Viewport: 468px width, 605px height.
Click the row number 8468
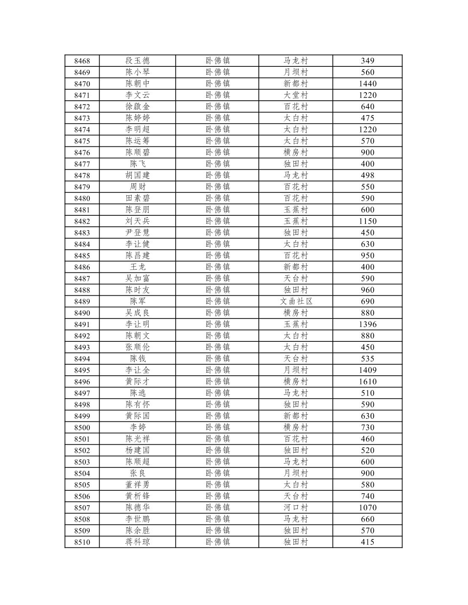coord(82,61)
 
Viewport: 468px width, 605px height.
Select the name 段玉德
coord(138,61)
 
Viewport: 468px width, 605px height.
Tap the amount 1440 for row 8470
coord(367,84)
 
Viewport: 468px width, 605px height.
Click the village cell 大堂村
coord(296,95)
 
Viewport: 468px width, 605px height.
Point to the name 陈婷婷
coord(138,118)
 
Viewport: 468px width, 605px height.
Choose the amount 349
coord(367,61)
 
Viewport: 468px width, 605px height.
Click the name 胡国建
coord(138,175)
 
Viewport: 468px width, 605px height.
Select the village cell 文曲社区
coord(296,301)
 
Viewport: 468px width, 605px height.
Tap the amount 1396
coord(367,324)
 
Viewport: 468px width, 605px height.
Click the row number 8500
coord(82,427)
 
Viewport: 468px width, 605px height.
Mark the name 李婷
coord(138,427)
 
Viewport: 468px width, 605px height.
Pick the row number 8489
coord(82,301)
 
